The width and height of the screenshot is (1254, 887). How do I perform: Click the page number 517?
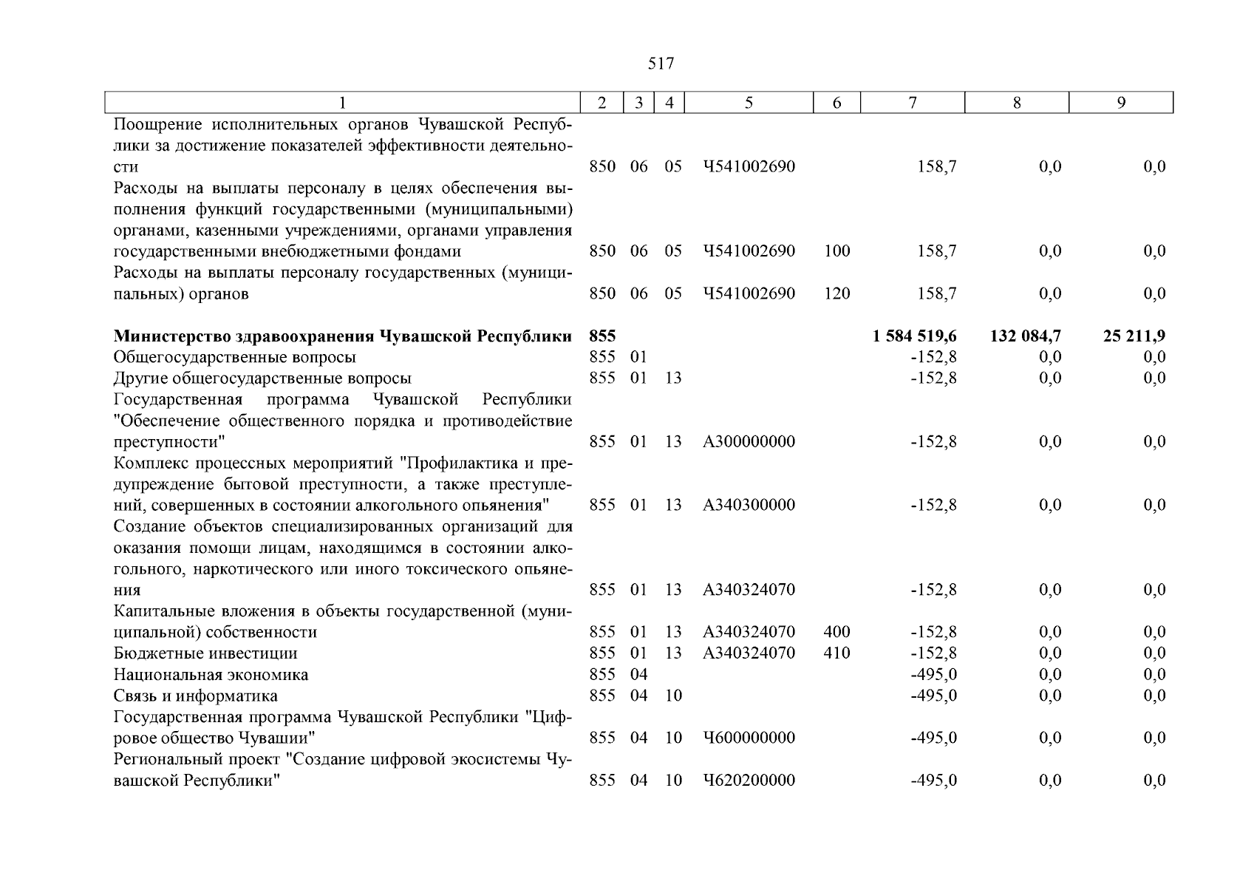click(x=661, y=64)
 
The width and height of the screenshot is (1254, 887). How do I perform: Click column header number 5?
click(x=749, y=103)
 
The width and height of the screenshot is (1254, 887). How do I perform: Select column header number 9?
click(x=1121, y=103)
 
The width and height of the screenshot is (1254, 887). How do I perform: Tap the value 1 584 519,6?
click(x=914, y=336)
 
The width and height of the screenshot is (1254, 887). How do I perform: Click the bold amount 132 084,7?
click(x=1025, y=336)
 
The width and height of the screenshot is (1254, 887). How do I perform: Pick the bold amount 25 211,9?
click(x=1134, y=336)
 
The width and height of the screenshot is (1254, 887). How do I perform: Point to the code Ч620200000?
click(x=749, y=781)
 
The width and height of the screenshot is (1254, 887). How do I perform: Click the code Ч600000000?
click(x=749, y=738)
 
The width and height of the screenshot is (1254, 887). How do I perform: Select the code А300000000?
click(x=749, y=442)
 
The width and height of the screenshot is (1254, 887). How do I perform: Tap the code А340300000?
click(x=749, y=506)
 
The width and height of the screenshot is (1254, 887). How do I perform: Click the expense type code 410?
click(x=836, y=653)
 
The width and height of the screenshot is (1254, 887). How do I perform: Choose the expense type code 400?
click(x=836, y=632)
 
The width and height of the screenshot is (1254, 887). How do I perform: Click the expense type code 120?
click(x=836, y=294)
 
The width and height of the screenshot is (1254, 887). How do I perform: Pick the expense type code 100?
click(x=836, y=251)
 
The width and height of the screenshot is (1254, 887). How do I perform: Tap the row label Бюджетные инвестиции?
click(x=205, y=653)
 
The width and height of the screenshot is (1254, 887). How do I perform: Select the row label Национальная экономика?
click(x=211, y=675)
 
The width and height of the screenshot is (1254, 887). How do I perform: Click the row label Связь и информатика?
click(x=196, y=696)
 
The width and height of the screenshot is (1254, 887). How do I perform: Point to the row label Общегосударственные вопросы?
click(x=234, y=358)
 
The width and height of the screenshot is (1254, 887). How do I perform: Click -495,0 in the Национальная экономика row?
click(x=933, y=675)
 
